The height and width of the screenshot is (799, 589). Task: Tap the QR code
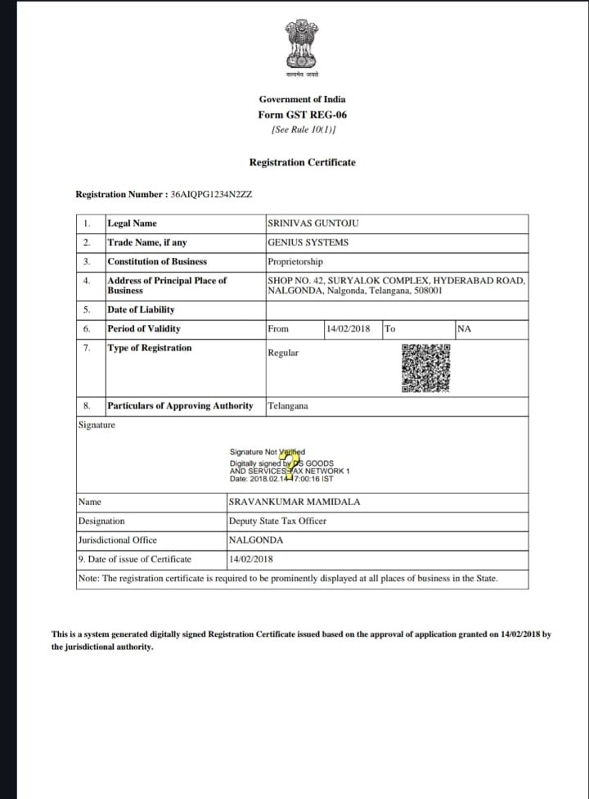coord(426,368)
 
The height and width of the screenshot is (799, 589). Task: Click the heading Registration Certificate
coord(303,162)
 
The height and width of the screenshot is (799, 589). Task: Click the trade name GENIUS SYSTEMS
coord(308,242)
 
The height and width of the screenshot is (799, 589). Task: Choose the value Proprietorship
coord(295,262)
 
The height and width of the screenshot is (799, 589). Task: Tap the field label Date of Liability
coord(141,309)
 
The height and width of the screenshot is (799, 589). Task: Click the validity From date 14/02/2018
coord(348,329)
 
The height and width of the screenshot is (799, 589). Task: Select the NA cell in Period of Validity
coord(465,329)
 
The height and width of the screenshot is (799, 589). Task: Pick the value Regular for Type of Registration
coord(283,353)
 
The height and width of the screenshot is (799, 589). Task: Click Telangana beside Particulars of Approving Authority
coord(288,406)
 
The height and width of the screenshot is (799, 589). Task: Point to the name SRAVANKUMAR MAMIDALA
coord(294,502)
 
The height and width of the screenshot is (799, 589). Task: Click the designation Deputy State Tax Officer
coord(277,521)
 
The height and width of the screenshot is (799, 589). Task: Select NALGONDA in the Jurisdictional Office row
coord(256,540)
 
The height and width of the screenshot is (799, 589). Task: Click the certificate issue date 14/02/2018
coord(251,559)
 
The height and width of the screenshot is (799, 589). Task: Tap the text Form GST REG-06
coord(302,115)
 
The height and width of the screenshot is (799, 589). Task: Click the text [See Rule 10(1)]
coord(303,129)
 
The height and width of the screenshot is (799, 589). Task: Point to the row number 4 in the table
coord(87,281)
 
